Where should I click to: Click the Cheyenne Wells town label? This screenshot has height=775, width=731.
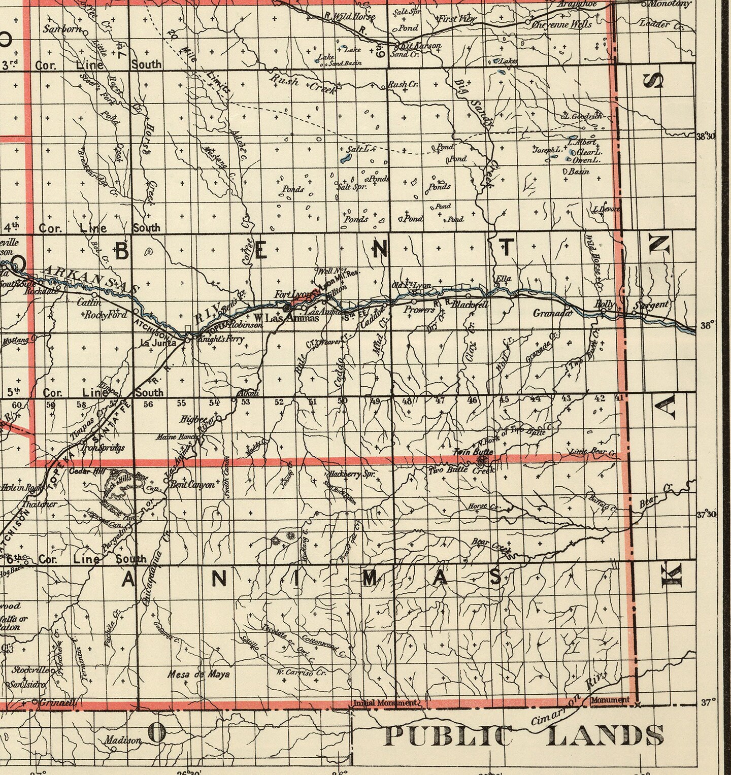tap(555, 24)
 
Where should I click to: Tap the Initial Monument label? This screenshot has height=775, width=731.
tap(386, 703)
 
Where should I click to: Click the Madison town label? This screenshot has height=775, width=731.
tap(123, 740)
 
